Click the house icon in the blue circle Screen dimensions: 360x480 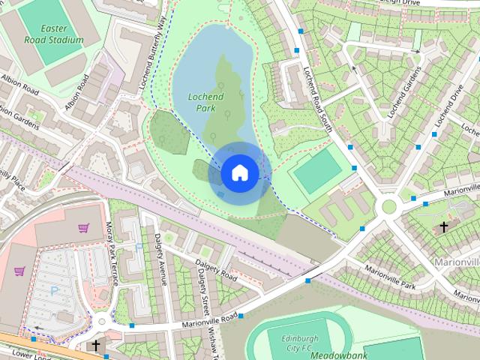point(239,172)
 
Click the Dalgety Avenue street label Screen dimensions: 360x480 point(160,259)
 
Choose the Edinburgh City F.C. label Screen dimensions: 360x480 point(289,343)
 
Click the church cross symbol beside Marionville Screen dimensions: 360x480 point(444,226)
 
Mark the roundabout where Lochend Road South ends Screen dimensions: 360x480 point(389,206)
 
